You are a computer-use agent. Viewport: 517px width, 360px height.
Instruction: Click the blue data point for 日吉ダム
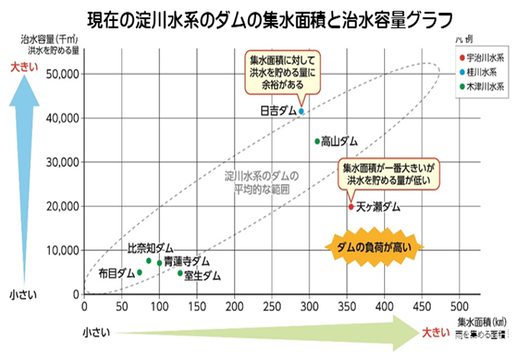coord(301,111)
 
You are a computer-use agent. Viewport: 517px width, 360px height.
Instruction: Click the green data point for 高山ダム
coord(317,141)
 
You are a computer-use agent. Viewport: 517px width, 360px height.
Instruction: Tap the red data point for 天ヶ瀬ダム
coord(351,206)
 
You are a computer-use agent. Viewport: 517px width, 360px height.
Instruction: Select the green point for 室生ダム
coord(180,273)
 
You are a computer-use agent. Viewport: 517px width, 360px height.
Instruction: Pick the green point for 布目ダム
coord(139,272)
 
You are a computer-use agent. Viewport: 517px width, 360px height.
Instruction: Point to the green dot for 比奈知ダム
coord(149,261)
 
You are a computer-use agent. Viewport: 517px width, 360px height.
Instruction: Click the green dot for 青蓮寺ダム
coord(160,263)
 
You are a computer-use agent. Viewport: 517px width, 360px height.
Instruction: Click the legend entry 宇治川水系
coord(485,57)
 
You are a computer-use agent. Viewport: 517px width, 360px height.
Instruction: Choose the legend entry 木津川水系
coord(485,86)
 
